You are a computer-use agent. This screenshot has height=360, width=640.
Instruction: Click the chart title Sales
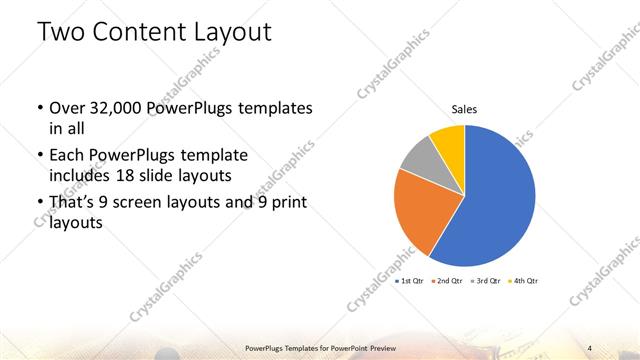(464, 108)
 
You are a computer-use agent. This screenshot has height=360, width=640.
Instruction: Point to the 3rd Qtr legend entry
(486, 281)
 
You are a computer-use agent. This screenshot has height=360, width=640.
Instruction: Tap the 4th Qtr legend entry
(522, 281)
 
